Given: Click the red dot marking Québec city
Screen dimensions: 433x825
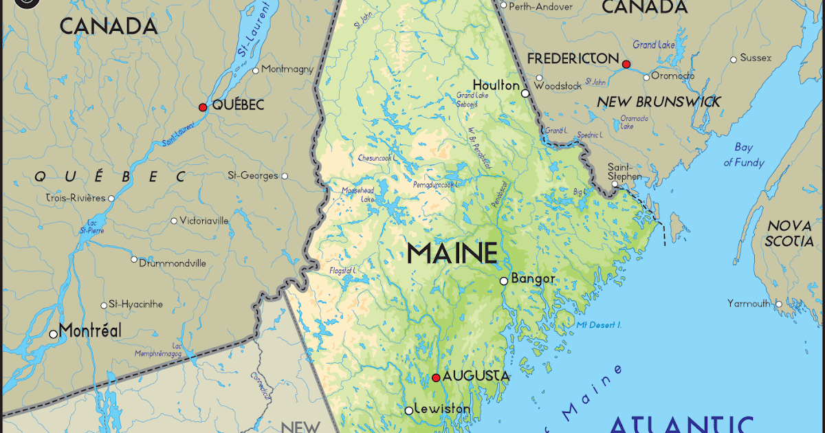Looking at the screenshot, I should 202,107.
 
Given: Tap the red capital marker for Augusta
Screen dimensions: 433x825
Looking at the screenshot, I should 436,377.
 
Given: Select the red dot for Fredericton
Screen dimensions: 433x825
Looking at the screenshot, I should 626,64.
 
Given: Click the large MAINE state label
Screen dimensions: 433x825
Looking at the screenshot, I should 452,253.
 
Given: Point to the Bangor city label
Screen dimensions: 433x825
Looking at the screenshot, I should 533,279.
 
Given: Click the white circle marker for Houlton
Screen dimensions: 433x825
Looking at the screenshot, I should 525,93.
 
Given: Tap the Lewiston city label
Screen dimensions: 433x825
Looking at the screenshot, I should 442,409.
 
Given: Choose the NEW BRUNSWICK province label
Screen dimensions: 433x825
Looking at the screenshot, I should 659,102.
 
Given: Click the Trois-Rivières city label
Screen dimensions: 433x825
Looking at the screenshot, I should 76,198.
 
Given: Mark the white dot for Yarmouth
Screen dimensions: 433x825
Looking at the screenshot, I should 778,303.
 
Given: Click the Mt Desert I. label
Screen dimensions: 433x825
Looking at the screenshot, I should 599,324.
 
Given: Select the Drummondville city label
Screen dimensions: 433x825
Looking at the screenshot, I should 173,263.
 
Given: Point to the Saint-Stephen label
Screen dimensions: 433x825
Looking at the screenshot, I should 626,171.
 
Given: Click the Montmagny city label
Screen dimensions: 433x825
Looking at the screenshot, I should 287,69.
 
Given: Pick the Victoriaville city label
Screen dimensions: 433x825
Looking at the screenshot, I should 203,221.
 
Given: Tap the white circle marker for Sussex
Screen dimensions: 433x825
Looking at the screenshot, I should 734,59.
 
